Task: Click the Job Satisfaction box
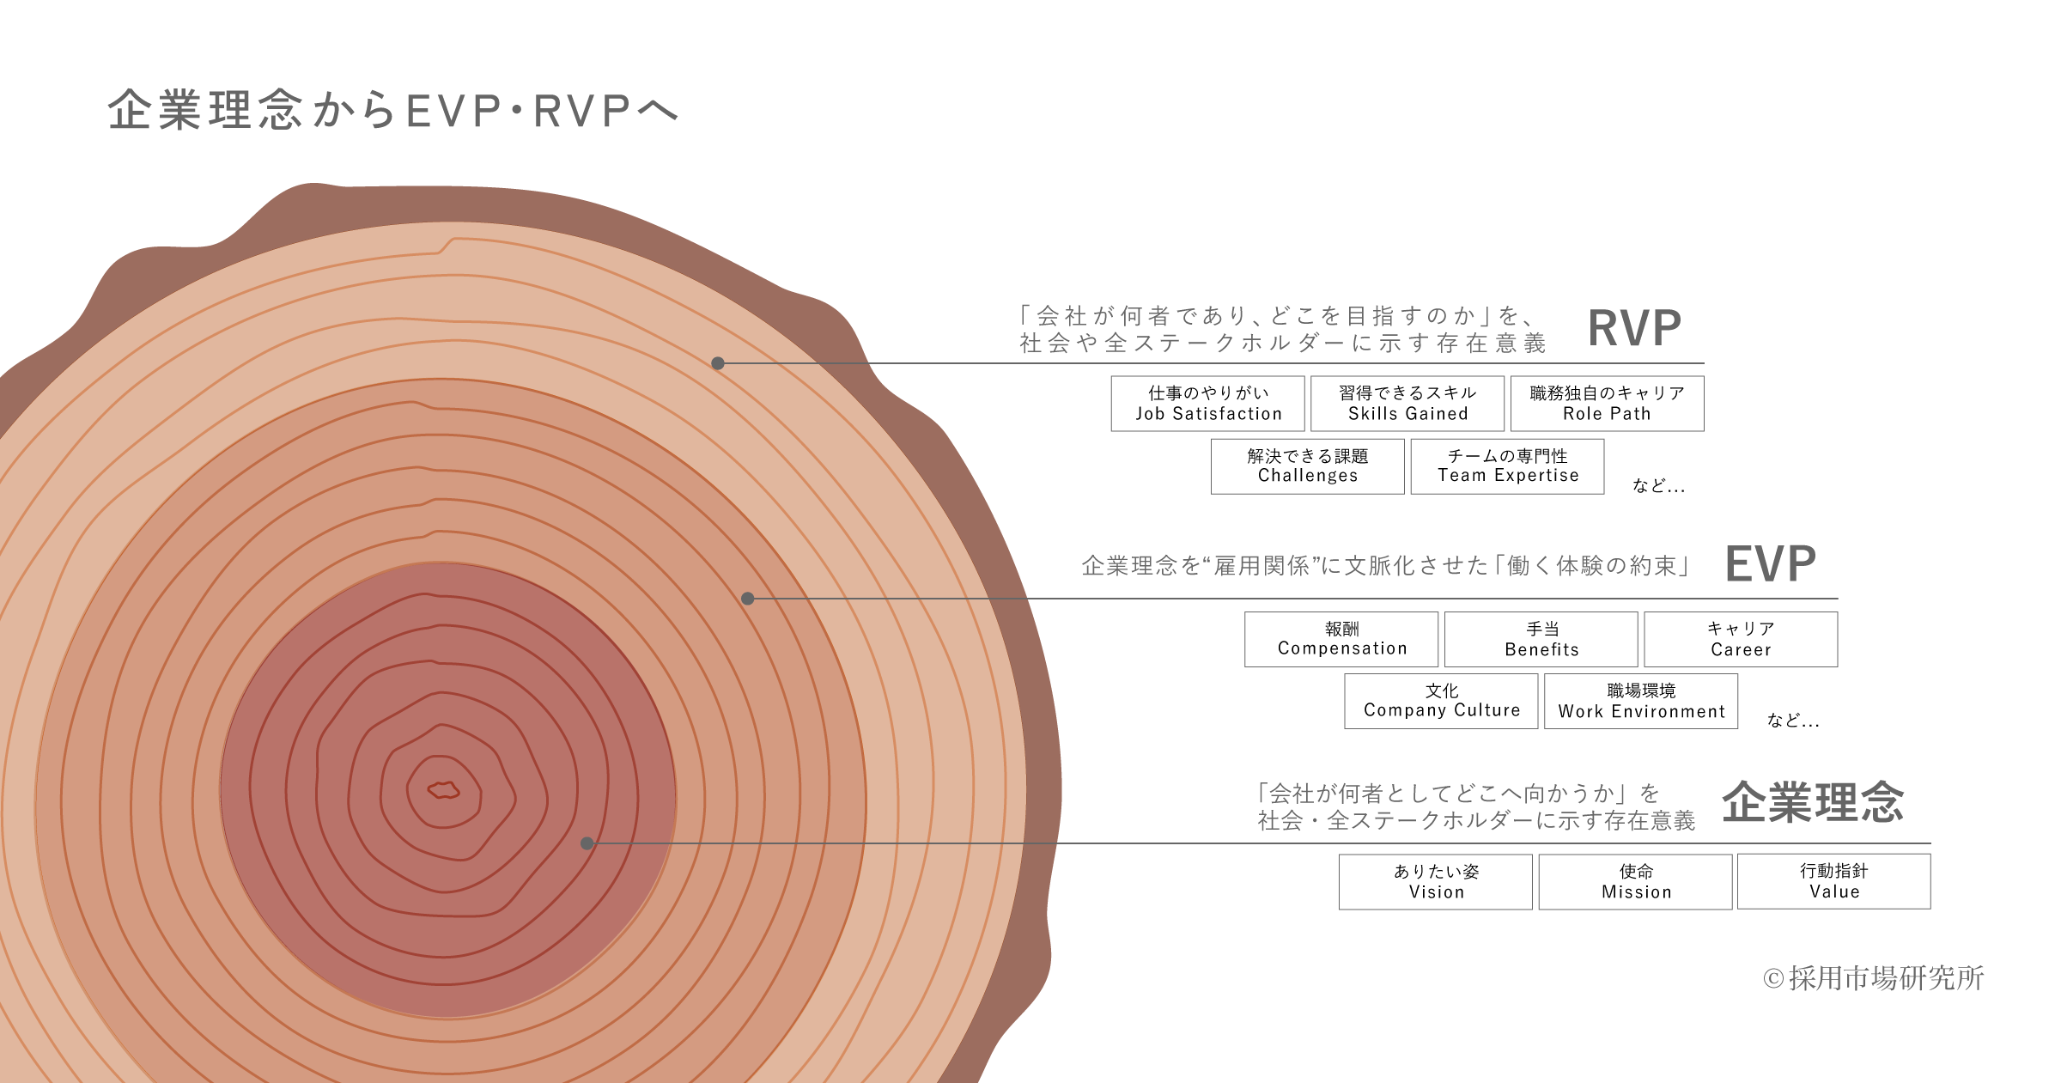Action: coord(1207,404)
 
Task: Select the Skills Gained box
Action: coord(1407,404)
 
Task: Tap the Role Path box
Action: coord(1607,404)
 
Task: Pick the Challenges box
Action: coord(1307,466)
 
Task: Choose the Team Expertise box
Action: coord(1507,466)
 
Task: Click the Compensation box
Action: coord(1341,639)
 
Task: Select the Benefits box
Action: coord(1541,639)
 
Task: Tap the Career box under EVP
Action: coord(1741,639)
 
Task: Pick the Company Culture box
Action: coord(1441,701)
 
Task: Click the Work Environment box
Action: coord(1641,701)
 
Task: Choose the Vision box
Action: coord(1436,882)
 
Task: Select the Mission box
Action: coord(1636,882)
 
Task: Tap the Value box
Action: coord(1834,881)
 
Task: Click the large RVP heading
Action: coord(1634,329)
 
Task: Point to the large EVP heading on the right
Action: coord(1771,564)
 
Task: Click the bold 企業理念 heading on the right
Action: coord(1813,802)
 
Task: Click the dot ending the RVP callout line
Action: coord(718,363)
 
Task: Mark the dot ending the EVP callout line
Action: coord(748,599)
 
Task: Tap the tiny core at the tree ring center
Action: coord(443,789)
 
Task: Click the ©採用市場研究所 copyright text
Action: coord(1873,978)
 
